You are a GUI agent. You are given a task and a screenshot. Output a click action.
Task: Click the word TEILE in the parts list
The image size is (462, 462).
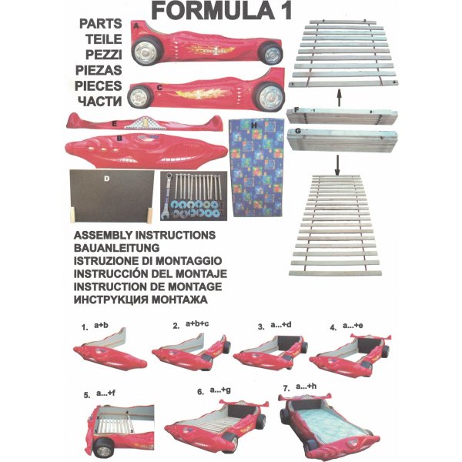click(104, 39)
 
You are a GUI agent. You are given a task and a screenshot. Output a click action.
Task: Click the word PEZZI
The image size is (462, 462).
click(104, 55)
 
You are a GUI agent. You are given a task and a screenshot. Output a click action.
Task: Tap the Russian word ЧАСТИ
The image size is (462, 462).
click(100, 102)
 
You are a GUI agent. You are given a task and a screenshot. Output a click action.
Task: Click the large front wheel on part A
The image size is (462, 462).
click(146, 51)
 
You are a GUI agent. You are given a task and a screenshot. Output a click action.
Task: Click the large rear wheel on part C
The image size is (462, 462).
click(269, 97)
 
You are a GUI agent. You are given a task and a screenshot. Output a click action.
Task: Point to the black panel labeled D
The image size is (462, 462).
click(112, 196)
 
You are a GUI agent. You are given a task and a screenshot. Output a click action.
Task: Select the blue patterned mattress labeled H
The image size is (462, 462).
click(256, 168)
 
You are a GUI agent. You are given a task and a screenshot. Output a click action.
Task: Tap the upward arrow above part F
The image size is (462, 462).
click(339, 98)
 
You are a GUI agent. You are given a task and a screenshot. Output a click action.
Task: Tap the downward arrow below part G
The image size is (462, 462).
click(338, 166)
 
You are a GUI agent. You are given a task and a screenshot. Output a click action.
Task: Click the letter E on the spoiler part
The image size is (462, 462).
click(114, 124)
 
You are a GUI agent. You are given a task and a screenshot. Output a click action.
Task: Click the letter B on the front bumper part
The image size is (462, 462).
click(119, 139)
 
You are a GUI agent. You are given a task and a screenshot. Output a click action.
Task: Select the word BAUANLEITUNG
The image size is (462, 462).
click(117, 248)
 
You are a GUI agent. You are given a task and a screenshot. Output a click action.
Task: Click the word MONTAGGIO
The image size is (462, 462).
click(189, 261)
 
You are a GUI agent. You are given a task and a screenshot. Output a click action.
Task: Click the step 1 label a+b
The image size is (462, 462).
click(101, 325)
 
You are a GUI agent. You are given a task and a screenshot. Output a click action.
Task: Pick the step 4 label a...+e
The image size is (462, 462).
click(353, 326)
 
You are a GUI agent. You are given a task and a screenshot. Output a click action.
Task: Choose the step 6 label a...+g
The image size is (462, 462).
click(220, 390)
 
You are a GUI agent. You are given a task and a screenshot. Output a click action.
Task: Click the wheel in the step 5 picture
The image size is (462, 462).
click(103, 449)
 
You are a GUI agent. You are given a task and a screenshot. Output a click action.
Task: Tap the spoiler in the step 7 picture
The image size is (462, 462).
click(305, 397)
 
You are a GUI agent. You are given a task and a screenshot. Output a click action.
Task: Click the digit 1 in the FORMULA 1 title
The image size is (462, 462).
click(285, 11)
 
